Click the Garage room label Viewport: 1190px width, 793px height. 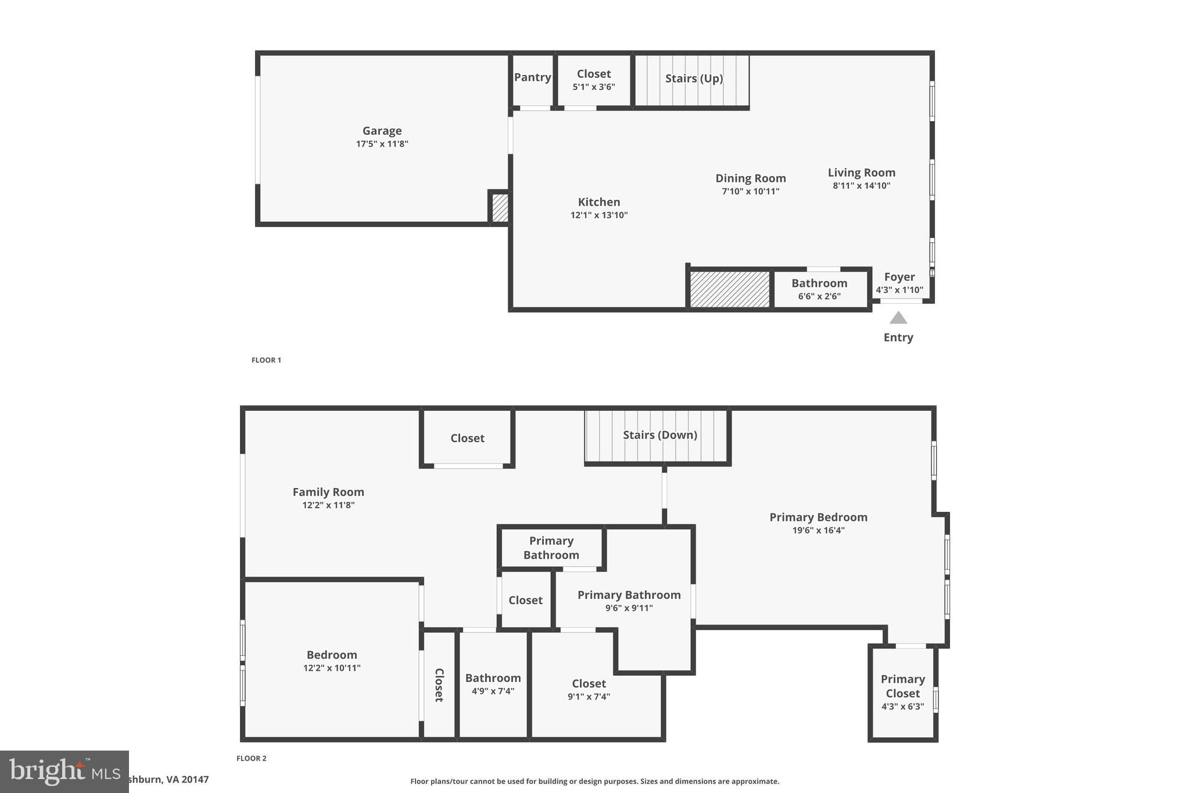pyautogui.click(x=382, y=131)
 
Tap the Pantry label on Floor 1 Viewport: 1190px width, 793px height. pyautogui.click(x=532, y=77)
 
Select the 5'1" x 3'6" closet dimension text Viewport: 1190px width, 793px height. pyautogui.click(x=593, y=87)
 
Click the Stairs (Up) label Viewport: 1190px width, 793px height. pyautogui.click(x=693, y=78)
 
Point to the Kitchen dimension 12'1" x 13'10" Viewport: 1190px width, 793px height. pyautogui.click(x=598, y=215)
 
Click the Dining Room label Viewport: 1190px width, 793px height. pyautogui.click(x=750, y=178)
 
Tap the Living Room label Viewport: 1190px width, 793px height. pyautogui.click(x=861, y=173)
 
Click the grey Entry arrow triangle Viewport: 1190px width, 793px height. pyautogui.click(x=898, y=318)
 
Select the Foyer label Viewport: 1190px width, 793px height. pyautogui.click(x=899, y=277)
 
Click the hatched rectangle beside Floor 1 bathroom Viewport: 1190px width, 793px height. pyautogui.click(x=729, y=289)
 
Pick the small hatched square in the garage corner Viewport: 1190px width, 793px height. pyautogui.click(x=500, y=207)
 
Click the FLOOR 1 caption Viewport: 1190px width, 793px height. pyautogui.click(x=266, y=360)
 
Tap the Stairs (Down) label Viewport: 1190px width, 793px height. pyautogui.click(x=659, y=435)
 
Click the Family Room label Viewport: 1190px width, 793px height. pyautogui.click(x=328, y=492)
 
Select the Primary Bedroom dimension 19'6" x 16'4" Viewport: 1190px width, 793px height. pyautogui.click(x=818, y=530)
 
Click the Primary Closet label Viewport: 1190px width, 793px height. pyautogui.click(x=902, y=686)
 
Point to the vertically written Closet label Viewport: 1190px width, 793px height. pyautogui.click(x=439, y=685)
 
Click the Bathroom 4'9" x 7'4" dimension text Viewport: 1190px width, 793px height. pyautogui.click(x=493, y=691)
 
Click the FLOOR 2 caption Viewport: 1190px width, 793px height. pyautogui.click(x=251, y=758)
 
